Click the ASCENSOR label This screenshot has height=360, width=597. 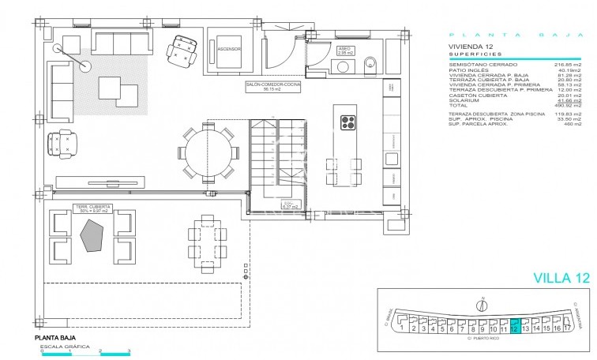pyautogui.click(x=228, y=49)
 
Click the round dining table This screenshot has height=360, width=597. pyautogui.click(x=209, y=149)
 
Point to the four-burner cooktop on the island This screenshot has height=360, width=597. pyautogui.click(x=348, y=122)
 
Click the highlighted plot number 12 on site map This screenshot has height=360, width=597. pyautogui.click(x=515, y=328)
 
